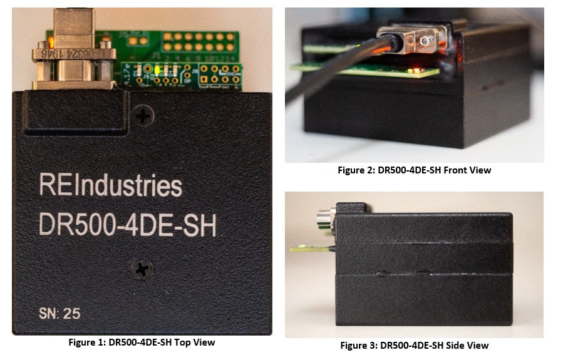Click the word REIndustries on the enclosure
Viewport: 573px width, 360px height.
click(x=110, y=186)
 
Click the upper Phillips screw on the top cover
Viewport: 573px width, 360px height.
click(x=144, y=115)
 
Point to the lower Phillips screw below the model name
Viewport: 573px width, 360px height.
click(x=142, y=270)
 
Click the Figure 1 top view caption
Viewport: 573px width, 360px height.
click(x=142, y=342)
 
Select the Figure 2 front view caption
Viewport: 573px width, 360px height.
click(x=415, y=170)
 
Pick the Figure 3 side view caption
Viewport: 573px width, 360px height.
click(x=414, y=345)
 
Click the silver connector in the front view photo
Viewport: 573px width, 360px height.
click(x=418, y=41)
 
